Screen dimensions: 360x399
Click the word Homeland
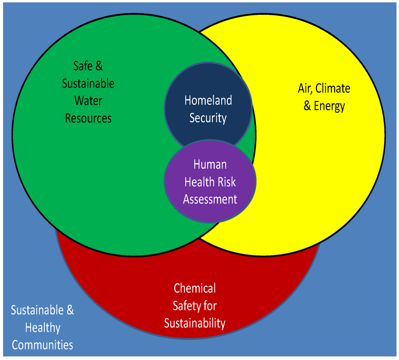pos(208,101)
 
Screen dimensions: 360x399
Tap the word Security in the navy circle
pos(208,118)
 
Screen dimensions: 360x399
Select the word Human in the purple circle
pos(210,164)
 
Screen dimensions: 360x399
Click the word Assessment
pos(210,199)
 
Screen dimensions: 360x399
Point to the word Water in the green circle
pos(88,101)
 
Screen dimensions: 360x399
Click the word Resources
pos(88,118)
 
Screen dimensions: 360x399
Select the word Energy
pos(329,106)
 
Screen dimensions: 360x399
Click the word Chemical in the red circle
pos(194,288)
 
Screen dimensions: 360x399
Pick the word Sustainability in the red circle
pos(194,323)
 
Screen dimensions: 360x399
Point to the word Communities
pos(42,345)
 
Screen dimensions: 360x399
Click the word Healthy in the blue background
pos(42,328)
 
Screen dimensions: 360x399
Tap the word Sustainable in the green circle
pos(88,83)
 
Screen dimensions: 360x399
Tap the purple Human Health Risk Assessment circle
pos(210,210)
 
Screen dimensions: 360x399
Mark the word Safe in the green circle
pos(83,66)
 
